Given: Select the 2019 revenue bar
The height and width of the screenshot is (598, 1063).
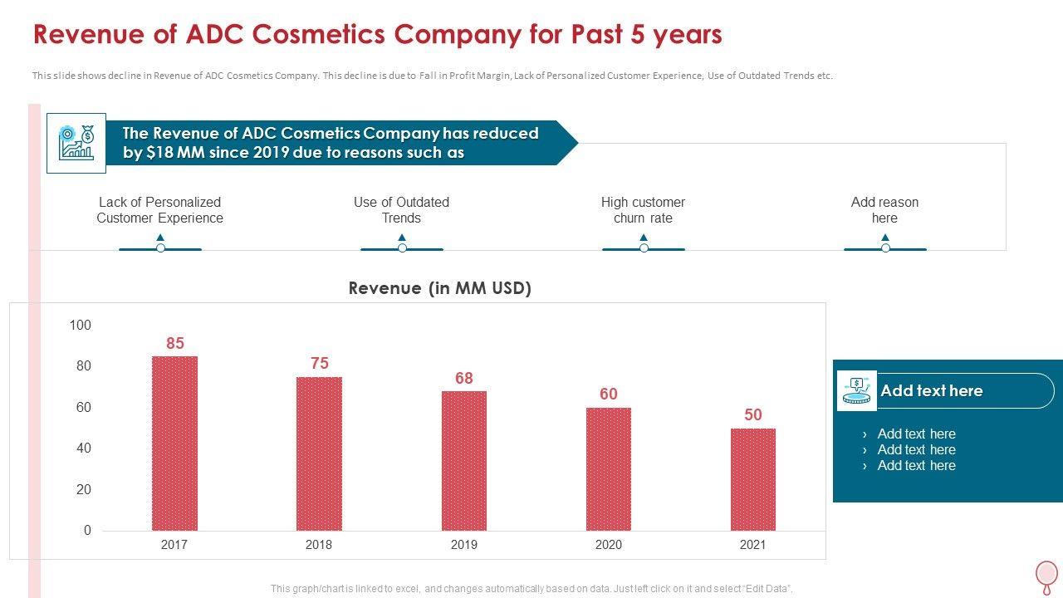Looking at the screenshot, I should point(463,460).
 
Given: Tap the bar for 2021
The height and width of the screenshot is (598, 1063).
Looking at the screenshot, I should point(752,479).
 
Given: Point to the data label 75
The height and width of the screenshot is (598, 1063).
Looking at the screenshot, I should point(320,363).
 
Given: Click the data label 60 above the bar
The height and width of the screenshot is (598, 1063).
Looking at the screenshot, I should point(609,394).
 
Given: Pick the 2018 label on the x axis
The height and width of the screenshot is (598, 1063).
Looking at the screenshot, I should point(319,545).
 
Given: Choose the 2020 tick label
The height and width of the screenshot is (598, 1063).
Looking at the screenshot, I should point(609,545).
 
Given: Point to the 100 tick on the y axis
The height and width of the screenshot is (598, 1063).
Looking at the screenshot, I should point(81,325).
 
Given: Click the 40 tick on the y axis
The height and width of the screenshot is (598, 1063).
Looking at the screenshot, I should point(83,448).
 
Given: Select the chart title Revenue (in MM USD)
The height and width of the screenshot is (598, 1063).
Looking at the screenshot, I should point(439,288).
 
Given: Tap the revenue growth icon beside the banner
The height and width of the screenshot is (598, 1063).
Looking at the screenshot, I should point(76,143).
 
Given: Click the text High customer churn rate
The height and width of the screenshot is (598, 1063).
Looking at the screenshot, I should point(643,210).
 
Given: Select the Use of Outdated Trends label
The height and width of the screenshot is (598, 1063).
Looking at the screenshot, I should point(401,210).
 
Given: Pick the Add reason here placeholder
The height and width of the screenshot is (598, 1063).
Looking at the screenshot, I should point(884,210).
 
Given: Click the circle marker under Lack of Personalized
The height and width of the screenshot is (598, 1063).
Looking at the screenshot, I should point(160,248).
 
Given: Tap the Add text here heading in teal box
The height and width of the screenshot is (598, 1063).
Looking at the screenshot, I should point(931,390).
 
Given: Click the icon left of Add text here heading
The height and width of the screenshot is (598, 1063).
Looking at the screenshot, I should point(857,390).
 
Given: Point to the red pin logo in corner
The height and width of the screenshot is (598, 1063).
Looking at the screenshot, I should point(1046,575).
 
